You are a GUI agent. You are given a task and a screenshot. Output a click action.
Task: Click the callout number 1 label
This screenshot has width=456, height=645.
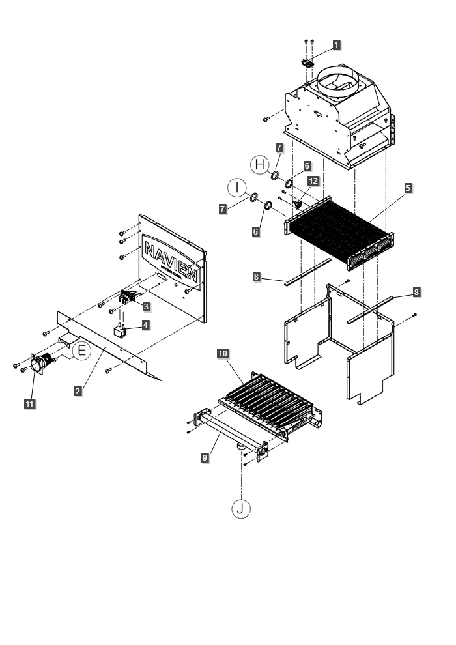[x=336, y=44]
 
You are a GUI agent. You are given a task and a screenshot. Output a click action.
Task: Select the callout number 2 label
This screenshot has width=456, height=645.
[x=78, y=391]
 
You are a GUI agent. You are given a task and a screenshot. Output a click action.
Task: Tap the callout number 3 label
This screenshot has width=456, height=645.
[x=147, y=306]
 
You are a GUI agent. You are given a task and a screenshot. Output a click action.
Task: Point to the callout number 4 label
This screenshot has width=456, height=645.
[x=147, y=324]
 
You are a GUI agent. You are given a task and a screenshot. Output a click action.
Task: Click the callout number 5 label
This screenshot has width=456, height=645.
[x=407, y=188]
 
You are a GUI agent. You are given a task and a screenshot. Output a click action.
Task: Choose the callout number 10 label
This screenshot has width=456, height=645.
[x=223, y=353]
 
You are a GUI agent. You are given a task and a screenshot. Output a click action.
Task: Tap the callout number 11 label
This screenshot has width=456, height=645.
[x=29, y=404]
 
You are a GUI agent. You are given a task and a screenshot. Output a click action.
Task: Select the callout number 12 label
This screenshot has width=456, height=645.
[x=313, y=180]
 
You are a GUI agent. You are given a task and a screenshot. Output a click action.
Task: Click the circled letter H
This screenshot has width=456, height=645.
[x=259, y=165]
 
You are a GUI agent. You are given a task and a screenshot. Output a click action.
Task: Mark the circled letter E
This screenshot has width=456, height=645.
[x=81, y=351]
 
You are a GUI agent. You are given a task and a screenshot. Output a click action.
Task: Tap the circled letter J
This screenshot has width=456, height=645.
[x=241, y=508]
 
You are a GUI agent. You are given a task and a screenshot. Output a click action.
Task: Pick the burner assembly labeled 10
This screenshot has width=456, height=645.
[x=267, y=404]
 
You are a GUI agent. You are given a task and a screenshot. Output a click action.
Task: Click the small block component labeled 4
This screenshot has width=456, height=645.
[x=121, y=332]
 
